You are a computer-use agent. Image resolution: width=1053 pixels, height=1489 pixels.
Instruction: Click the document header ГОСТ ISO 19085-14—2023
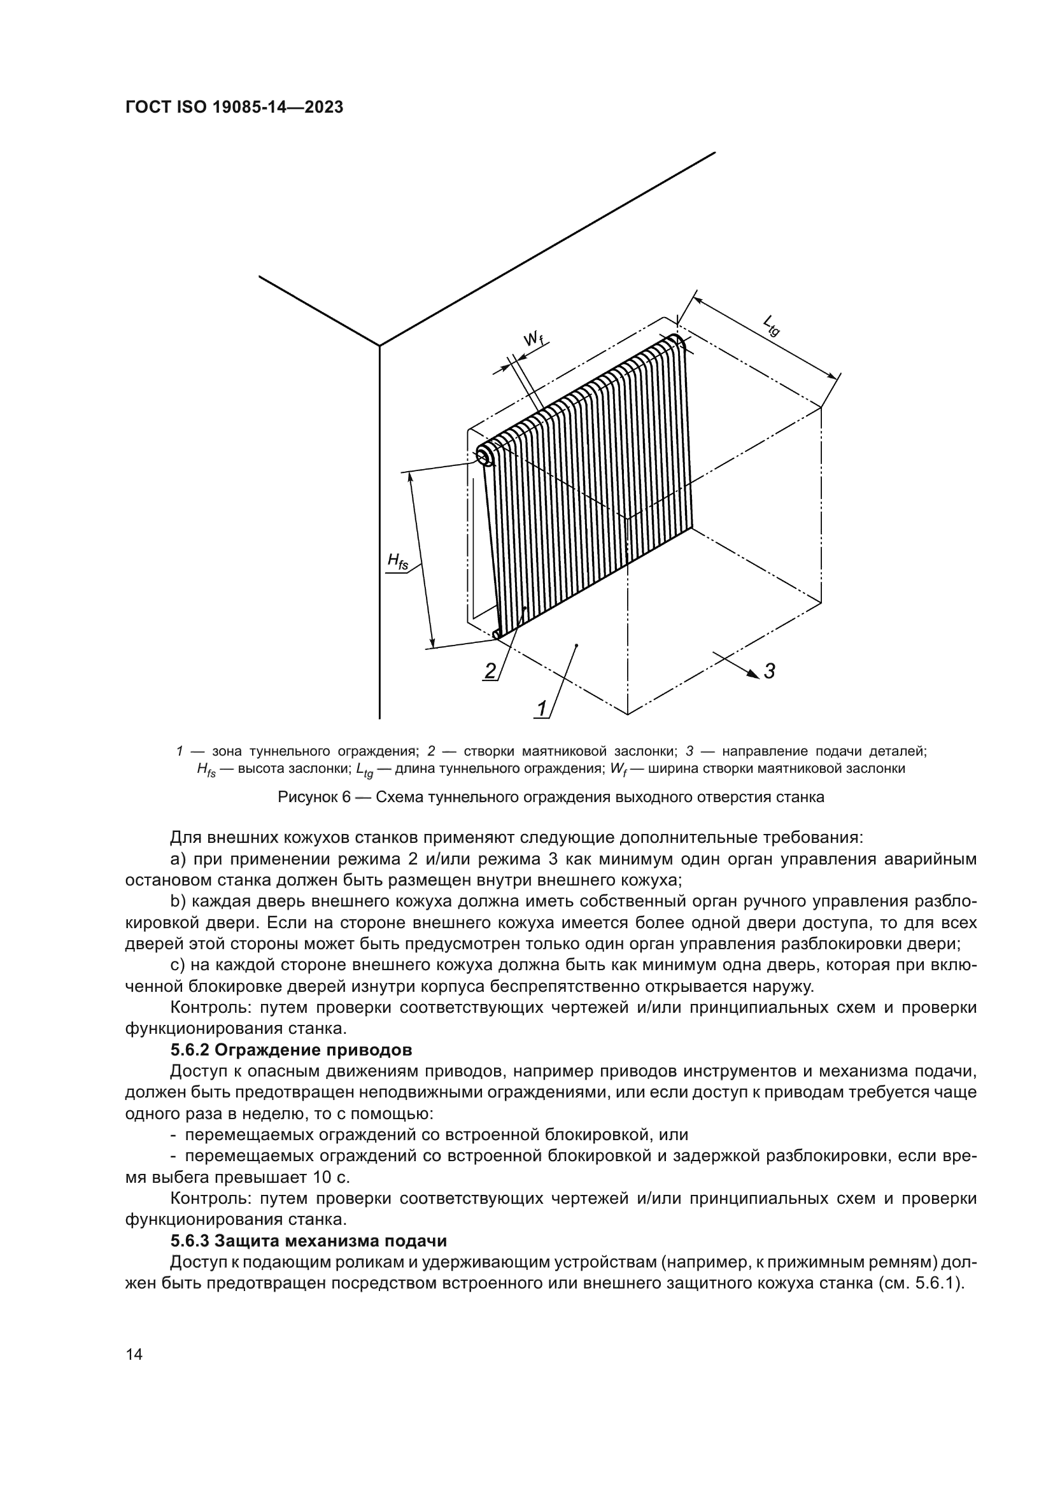234,108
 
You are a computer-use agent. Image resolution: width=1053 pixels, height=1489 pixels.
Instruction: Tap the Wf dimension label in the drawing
532,338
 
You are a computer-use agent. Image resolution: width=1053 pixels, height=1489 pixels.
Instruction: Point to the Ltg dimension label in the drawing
771,325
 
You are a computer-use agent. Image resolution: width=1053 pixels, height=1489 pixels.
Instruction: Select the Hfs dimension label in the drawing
397,561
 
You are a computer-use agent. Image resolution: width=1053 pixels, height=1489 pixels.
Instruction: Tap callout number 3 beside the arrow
769,670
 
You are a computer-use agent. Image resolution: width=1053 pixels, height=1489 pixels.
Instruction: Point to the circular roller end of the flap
484,458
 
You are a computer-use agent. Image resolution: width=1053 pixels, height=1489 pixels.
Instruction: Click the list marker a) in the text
178,859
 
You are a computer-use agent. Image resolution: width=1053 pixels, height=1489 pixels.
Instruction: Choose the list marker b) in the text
178,902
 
